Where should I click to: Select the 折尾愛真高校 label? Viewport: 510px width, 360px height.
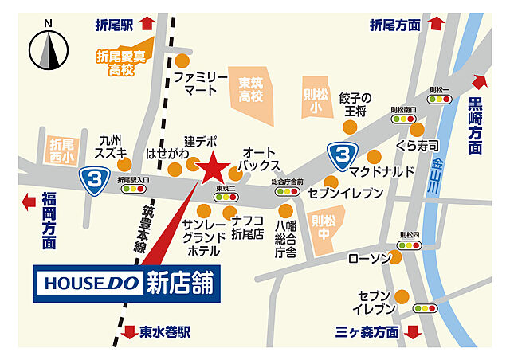[121, 63]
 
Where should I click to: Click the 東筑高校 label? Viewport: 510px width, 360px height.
[252, 90]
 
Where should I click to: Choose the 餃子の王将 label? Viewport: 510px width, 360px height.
[355, 105]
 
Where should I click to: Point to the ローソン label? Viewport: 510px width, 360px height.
[369, 259]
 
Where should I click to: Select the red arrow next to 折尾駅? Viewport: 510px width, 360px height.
[147, 24]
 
